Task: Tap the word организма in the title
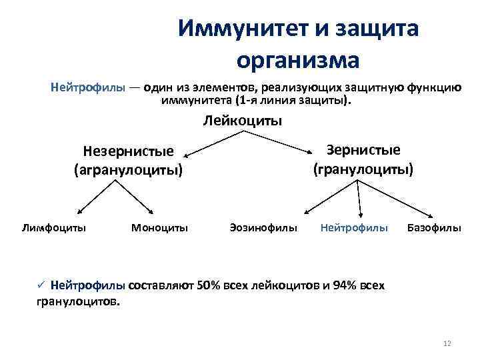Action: coord(297,60)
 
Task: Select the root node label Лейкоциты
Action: coord(242,121)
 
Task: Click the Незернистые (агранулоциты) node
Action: coord(128,161)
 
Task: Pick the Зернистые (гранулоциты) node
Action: coord(363,159)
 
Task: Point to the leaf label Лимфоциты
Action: coord(53,227)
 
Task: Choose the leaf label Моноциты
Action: coord(159,227)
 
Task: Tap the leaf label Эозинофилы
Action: coord(263,227)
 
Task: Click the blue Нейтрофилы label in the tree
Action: coord(353,227)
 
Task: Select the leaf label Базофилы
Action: coord(434,227)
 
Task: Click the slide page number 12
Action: coord(447,343)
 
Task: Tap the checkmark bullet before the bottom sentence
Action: coord(40,285)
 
